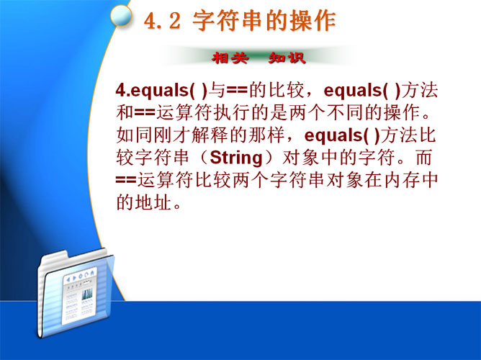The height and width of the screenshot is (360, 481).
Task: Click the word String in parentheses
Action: (236, 158)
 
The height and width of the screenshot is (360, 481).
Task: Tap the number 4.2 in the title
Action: (162, 21)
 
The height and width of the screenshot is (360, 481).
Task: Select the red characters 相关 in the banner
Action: (230, 58)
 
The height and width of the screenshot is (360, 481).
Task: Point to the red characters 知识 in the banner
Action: (287, 58)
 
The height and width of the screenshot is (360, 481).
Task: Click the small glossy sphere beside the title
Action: (121, 15)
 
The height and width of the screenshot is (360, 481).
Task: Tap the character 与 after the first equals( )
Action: (217, 90)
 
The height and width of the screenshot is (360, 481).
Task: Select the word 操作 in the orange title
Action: (313, 21)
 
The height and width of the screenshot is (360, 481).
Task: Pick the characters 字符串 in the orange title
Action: (228, 21)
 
